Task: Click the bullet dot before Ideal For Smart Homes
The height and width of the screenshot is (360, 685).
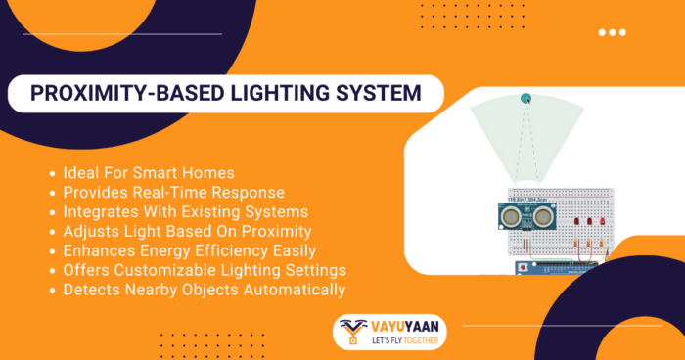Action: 52,173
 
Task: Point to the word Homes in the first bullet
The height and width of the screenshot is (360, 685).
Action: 210,173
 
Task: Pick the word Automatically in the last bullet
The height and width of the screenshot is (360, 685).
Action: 291,290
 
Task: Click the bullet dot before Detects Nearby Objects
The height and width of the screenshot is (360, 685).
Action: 52,291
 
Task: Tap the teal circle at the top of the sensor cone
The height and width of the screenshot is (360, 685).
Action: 525,98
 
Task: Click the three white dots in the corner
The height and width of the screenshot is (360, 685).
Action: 612,32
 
